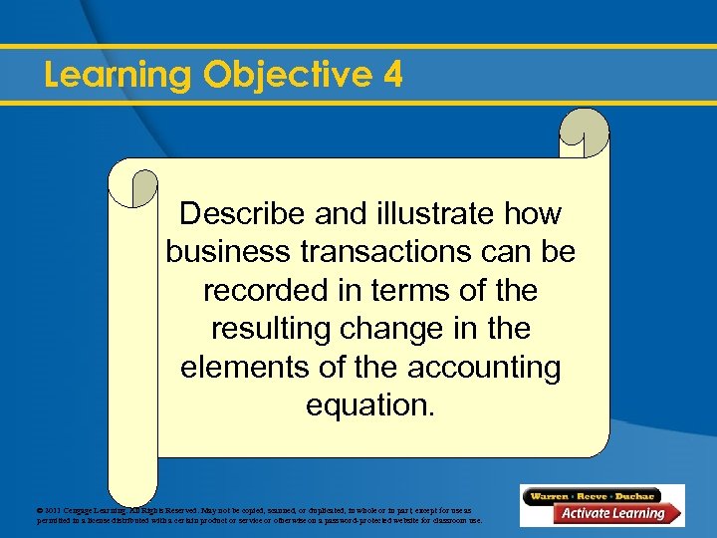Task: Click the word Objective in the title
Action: click(281, 76)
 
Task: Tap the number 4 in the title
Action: click(391, 75)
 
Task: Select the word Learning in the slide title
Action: click(119, 76)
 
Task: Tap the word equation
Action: click(370, 406)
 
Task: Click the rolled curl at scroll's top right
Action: click(584, 133)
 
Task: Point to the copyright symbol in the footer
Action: click(40, 509)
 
